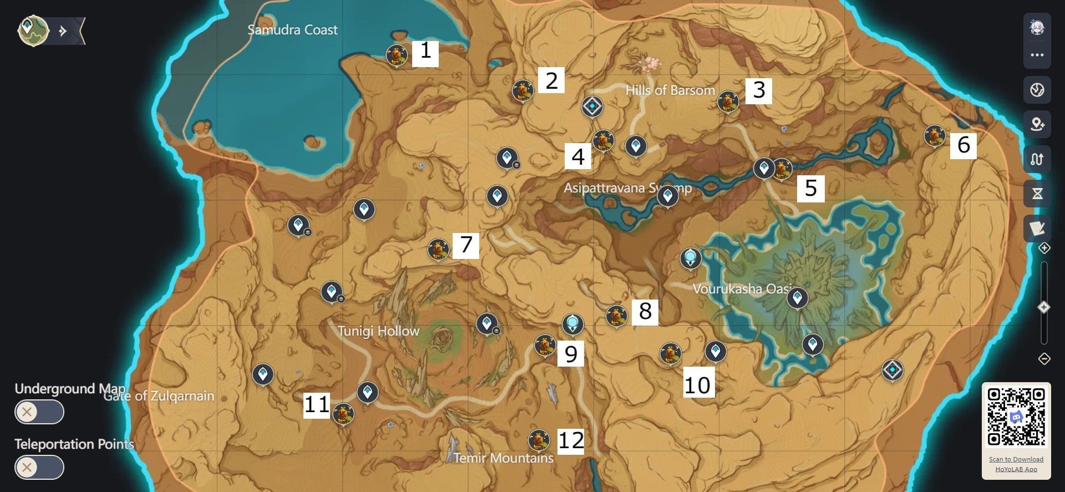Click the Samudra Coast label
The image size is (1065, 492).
click(292, 30)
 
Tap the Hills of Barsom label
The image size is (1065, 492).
click(670, 90)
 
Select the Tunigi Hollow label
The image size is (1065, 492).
click(378, 331)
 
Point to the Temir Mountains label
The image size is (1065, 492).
click(503, 458)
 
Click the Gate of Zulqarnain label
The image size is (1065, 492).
click(159, 396)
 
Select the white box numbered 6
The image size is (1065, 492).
click(963, 145)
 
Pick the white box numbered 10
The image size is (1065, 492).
click(697, 384)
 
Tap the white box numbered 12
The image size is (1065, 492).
click(571, 440)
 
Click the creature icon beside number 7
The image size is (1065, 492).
click(438, 249)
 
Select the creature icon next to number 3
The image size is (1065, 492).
click(728, 102)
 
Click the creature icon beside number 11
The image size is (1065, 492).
click(343, 413)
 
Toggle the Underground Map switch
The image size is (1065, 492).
click(39, 412)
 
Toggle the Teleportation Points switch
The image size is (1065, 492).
click(39, 467)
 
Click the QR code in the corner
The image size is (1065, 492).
click(1016, 417)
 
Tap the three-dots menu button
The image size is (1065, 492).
click(1037, 55)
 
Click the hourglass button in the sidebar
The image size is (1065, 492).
click(1037, 194)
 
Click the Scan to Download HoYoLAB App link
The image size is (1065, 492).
click(1016, 464)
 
